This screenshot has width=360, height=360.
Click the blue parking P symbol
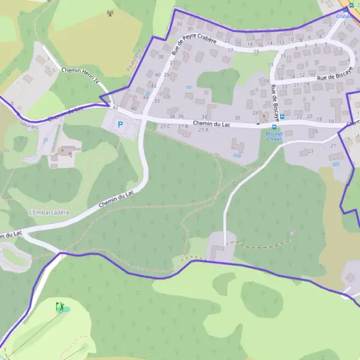[120, 125]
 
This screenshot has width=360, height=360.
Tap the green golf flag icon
[60, 307]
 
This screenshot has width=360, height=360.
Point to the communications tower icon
[110, 13]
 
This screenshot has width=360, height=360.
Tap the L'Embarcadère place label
[49, 212]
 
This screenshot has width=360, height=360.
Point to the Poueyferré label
[134, 61]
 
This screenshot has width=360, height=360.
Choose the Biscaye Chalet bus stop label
[274, 136]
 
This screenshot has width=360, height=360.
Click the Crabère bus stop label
[344, 16]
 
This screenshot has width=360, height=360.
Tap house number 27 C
[164, 126]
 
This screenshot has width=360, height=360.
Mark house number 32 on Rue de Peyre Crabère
[179, 23]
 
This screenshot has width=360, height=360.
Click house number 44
[146, 97]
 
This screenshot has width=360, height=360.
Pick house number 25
[315, 131]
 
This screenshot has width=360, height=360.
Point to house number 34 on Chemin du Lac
[204, 117]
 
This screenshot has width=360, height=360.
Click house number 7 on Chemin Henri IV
[47, 60]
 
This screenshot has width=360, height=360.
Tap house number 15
[256, 52]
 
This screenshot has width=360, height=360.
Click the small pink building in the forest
[292, 233]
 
